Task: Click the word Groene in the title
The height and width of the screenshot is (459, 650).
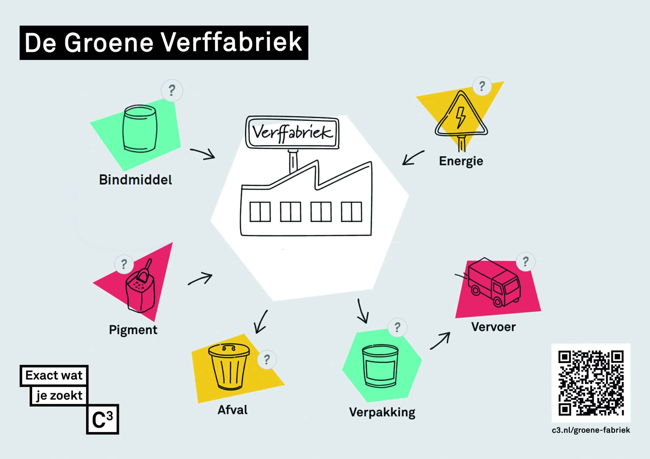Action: tap(109, 42)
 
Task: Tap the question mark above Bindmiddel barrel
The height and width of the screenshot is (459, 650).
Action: tap(172, 91)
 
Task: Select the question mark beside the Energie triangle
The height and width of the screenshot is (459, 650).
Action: tap(482, 86)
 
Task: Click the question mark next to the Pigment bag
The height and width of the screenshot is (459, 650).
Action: tap(124, 264)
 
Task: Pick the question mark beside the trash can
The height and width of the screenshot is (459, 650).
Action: tap(267, 359)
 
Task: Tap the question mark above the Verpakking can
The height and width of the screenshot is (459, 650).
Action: tap(397, 327)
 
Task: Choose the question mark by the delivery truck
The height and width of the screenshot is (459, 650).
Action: tap(525, 262)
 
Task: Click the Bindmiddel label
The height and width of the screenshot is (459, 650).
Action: tap(135, 180)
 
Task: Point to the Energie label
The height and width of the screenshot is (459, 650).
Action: tap(461, 162)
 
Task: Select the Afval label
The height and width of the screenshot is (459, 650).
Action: tap(232, 410)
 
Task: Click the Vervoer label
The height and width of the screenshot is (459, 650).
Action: tap(493, 327)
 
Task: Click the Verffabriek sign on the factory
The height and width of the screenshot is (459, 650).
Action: tap(292, 132)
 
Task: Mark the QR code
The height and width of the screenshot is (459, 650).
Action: tap(591, 383)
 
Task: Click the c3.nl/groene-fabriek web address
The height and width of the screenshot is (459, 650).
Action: tap(591, 430)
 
